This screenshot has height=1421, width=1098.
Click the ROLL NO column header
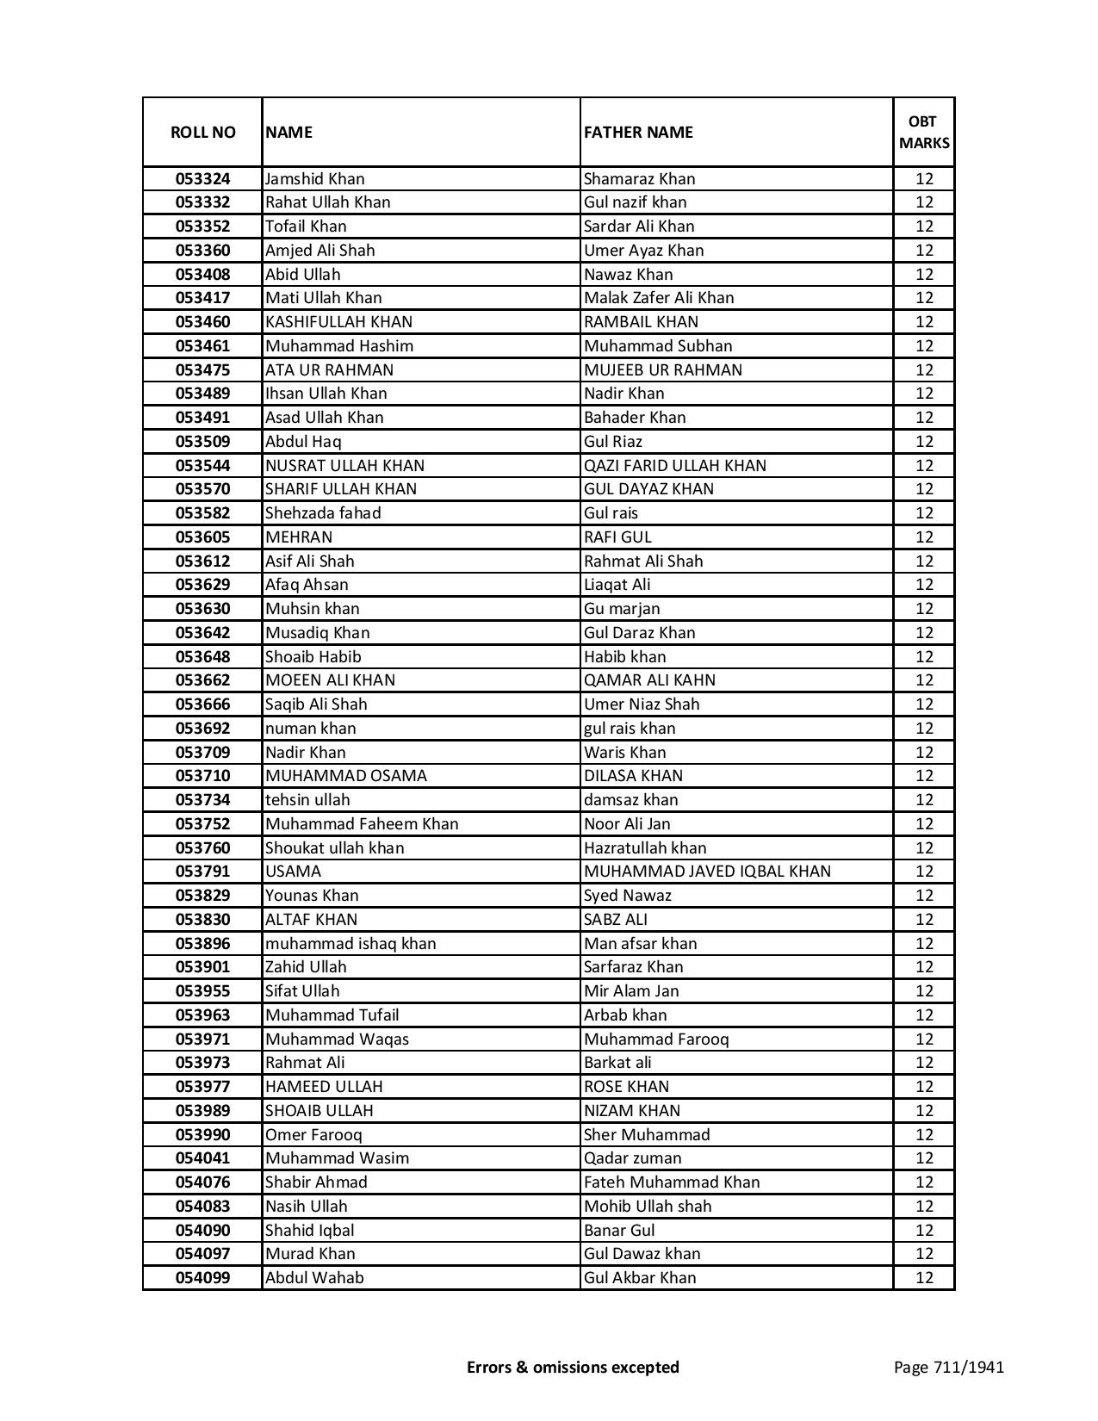[202, 132]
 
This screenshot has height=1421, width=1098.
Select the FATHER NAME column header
[638, 132]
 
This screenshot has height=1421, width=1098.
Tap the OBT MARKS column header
[924, 132]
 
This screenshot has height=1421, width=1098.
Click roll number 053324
[202, 179]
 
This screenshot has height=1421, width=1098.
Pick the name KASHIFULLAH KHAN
[338, 322]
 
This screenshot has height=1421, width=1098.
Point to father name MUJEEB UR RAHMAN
[662, 370]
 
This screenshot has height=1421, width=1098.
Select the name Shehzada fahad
[323, 513]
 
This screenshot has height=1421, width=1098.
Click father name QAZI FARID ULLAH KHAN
[674, 466]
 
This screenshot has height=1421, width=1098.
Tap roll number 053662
[202, 680]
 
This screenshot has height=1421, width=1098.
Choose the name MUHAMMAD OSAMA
[345, 776]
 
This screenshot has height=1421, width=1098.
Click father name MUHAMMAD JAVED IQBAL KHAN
[707, 872]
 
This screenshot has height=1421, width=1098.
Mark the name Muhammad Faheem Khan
[362, 824]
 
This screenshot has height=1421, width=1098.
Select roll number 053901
[202, 967]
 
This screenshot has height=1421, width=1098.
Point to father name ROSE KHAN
[626, 1087]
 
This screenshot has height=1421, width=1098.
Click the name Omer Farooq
[313, 1135]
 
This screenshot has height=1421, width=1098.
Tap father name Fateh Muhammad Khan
[672, 1182]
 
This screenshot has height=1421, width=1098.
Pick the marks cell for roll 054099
[924, 1278]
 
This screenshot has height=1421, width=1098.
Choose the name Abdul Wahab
[314, 1278]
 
